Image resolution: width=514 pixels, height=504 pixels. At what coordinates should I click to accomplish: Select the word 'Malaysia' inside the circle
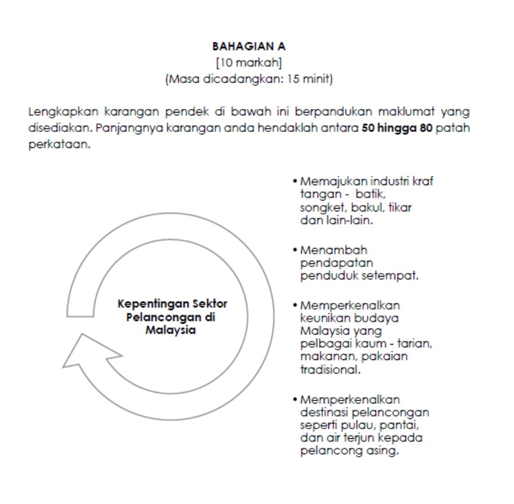point(172,331)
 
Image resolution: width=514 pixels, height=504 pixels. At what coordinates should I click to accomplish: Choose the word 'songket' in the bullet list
point(318,207)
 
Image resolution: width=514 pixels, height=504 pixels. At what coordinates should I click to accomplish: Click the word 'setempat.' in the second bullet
point(395,275)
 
